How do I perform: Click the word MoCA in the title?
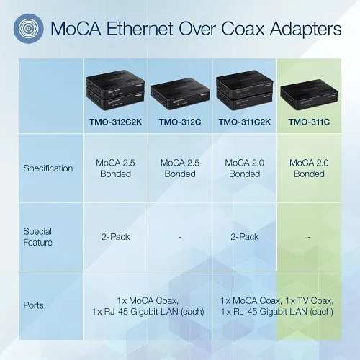coord(74,30)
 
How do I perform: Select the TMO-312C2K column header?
coord(115,122)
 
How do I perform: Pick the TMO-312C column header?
coord(179,122)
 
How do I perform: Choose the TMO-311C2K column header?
coord(245,122)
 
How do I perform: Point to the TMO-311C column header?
coord(309,122)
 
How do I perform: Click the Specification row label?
coord(49,168)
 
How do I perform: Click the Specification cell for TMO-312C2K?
coord(115,168)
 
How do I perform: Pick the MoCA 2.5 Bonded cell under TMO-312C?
coord(179,168)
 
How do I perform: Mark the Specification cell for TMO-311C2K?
coord(245,168)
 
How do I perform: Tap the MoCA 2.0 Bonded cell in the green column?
coord(309,168)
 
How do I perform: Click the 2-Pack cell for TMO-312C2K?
coord(115,237)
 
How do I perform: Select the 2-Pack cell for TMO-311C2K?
coord(245,237)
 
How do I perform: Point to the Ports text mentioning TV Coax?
coord(277,305)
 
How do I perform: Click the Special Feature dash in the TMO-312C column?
coord(179,237)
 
